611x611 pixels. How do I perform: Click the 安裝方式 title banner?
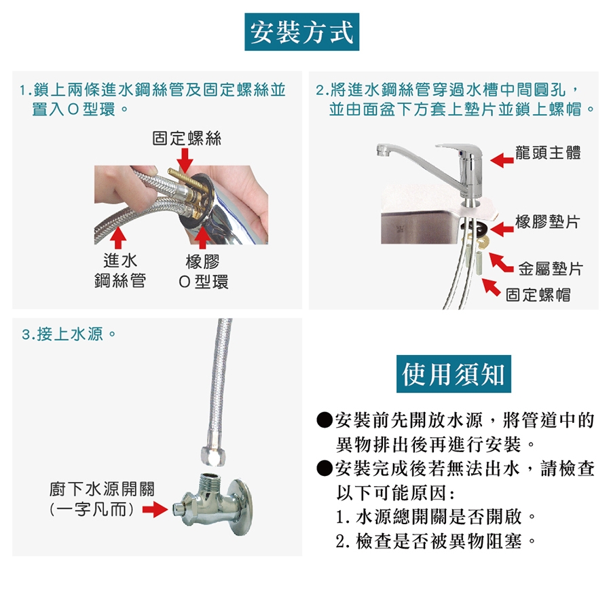pyautogui.click(x=301, y=31)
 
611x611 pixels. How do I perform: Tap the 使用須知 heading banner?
pyautogui.click(x=453, y=373)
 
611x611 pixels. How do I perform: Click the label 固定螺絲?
pyautogui.click(x=187, y=138)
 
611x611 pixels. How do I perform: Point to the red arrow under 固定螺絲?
pyautogui.click(x=185, y=160)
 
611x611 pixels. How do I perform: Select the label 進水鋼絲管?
pyautogui.click(x=120, y=270)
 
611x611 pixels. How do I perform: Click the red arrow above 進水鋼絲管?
pyautogui.click(x=118, y=238)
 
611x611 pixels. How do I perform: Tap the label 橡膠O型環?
pyautogui.click(x=202, y=271)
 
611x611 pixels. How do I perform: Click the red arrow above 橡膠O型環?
pyautogui.click(x=202, y=238)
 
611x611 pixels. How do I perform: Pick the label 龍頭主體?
pyautogui.click(x=548, y=152)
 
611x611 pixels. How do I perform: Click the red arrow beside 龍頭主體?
pyautogui.click(x=502, y=160)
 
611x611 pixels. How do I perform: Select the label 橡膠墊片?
pyautogui.click(x=547, y=222)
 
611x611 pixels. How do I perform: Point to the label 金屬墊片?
pyautogui.click(x=550, y=268)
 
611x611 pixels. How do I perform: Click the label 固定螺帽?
pyautogui.click(x=538, y=295)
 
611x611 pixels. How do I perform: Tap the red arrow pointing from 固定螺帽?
pyautogui.click(x=491, y=287)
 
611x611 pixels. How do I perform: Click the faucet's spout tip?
pyautogui.click(x=383, y=151)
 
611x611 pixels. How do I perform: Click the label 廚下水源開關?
pyautogui.click(x=102, y=489)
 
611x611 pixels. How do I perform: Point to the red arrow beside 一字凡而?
pyautogui.click(x=155, y=509)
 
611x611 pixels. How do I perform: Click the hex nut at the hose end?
pyautogui.click(x=212, y=456)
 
